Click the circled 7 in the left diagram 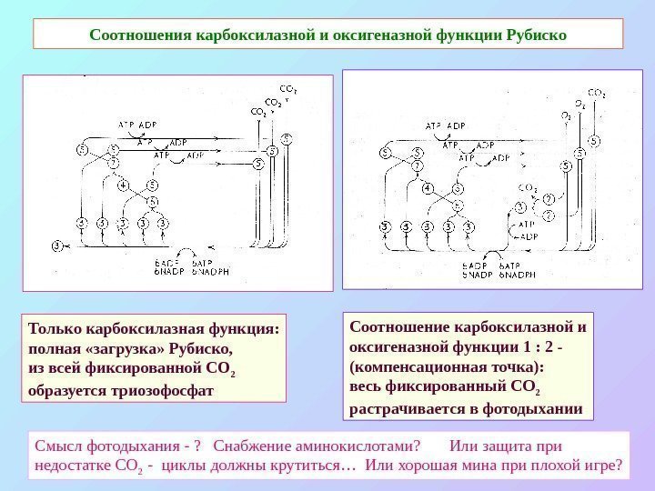[115, 163]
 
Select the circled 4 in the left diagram [122, 187]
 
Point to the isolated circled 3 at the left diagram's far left [58, 245]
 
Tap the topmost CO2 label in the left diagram [287, 89]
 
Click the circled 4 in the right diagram [428, 188]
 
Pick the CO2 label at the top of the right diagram [597, 92]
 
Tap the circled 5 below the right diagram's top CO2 [593, 141]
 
